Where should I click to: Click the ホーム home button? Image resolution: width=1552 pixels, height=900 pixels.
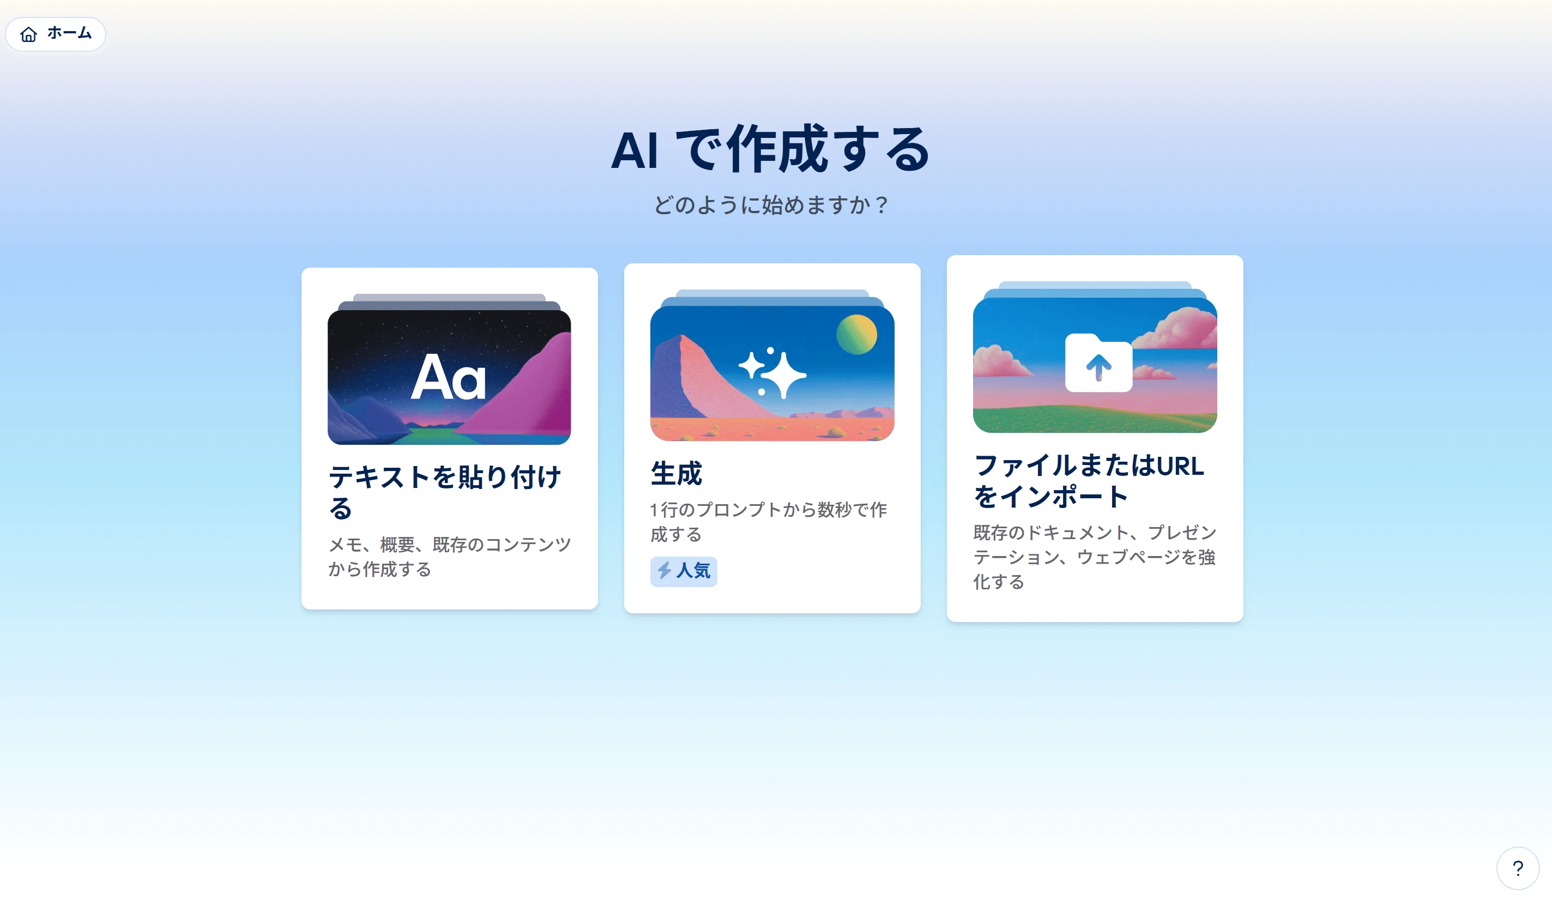coord(56,34)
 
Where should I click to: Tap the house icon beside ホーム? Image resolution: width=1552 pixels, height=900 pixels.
coord(29,34)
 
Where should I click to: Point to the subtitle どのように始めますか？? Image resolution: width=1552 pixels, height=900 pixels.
coord(771,204)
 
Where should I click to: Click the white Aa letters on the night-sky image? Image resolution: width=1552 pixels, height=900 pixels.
coord(448,377)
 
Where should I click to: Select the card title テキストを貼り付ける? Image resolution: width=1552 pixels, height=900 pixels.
coord(445,492)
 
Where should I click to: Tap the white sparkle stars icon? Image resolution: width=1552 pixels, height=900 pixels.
coord(772,373)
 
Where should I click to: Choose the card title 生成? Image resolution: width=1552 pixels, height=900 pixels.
coord(676,473)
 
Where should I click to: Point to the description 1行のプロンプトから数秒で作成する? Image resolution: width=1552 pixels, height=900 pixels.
coord(769,522)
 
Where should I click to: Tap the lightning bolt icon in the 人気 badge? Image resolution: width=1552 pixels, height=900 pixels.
coord(665,570)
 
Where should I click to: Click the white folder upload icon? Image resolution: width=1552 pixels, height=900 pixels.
coord(1098,363)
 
